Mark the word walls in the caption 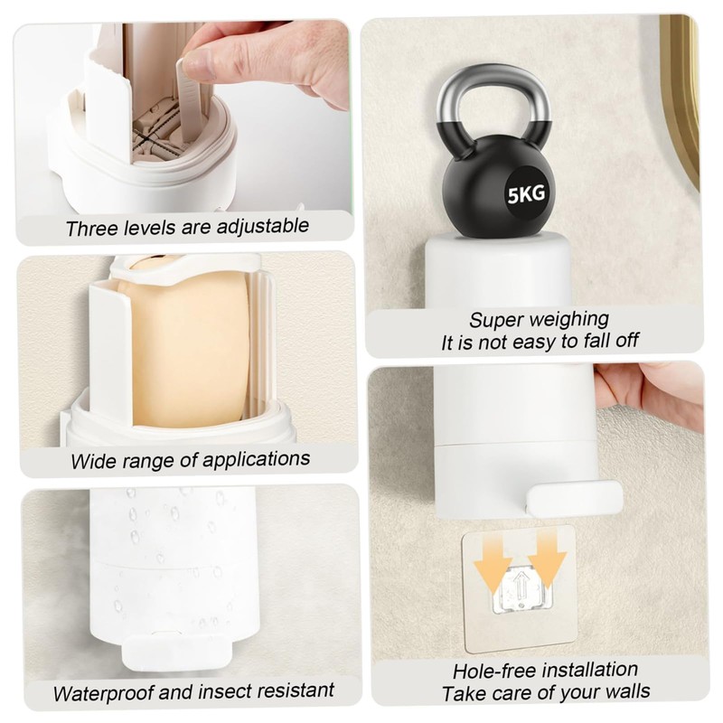coord(617,693)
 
